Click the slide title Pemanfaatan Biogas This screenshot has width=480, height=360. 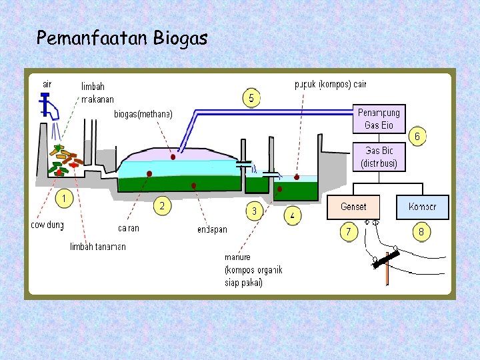(x=122, y=38)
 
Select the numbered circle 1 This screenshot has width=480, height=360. (x=64, y=198)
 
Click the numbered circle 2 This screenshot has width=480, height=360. (x=162, y=205)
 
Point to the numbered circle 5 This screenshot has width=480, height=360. (x=251, y=98)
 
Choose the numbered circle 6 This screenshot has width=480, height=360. (x=417, y=137)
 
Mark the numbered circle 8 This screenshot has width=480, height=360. (x=421, y=232)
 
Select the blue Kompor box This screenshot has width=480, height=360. (x=422, y=207)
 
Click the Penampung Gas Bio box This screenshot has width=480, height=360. (x=379, y=119)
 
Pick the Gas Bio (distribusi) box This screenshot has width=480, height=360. (x=379, y=157)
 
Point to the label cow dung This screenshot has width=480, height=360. (x=47, y=225)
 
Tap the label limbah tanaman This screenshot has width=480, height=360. (x=97, y=247)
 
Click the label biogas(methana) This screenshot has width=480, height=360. (x=143, y=114)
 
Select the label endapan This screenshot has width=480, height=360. (x=212, y=229)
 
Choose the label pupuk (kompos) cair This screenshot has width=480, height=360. (x=330, y=85)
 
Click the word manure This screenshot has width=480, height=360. (x=237, y=257)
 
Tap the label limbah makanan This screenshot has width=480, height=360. (x=97, y=93)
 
